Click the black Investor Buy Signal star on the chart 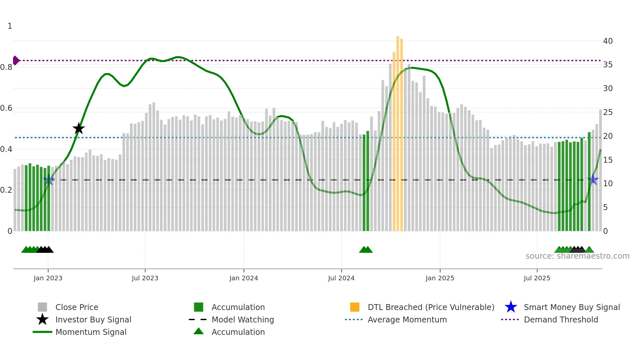(78, 129)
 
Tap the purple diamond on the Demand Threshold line (16, 60)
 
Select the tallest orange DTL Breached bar (398, 131)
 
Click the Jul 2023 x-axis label (145, 278)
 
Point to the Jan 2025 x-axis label (440, 278)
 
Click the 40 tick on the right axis (608, 41)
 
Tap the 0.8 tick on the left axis (7, 67)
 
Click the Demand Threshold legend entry (561, 319)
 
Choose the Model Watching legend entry (243, 319)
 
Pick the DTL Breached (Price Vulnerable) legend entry (431, 307)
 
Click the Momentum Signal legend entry (91, 332)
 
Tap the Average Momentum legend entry (407, 319)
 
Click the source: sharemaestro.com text (577, 256)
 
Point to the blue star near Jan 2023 (49, 180)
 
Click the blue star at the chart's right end (593, 180)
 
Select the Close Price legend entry (77, 307)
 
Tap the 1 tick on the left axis (10, 26)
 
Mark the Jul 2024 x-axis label (341, 278)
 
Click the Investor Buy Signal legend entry (93, 319)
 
